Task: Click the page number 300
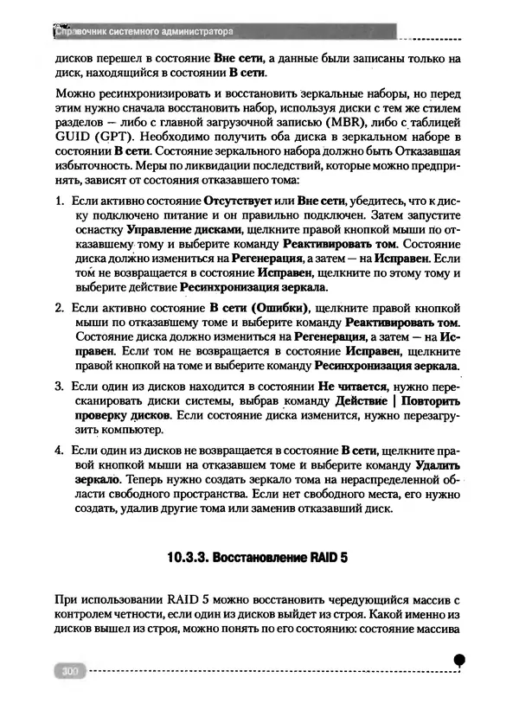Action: (66, 670)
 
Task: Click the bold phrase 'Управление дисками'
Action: (178, 232)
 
